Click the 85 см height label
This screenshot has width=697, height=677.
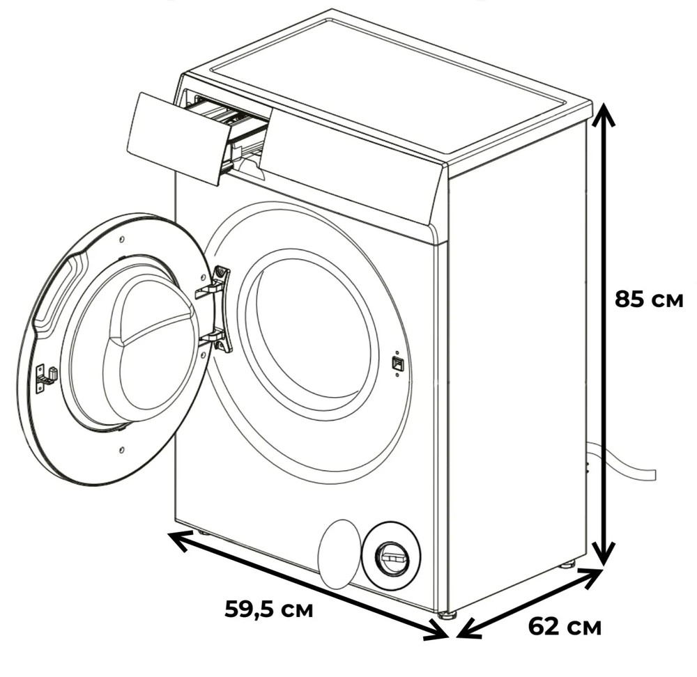(648, 299)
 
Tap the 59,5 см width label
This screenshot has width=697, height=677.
(269, 609)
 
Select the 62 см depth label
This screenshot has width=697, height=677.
(565, 626)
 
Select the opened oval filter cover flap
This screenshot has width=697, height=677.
(339, 554)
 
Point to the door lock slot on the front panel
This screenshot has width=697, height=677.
(397, 363)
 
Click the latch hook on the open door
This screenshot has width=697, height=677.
(46, 377)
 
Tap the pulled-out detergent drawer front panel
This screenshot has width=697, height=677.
(180, 138)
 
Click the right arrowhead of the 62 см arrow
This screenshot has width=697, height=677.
(592, 577)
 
